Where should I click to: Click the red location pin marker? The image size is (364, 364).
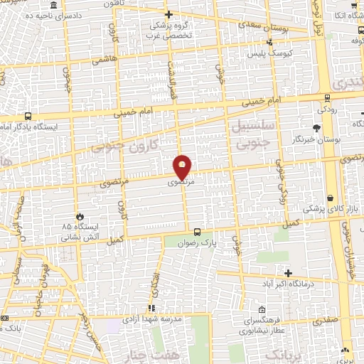183,167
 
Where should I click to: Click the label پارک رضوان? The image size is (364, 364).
192,242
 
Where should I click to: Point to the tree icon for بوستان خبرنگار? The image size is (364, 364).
316,128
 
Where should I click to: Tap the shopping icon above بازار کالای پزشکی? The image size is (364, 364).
331,198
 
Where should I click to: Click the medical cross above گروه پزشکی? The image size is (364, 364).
168,14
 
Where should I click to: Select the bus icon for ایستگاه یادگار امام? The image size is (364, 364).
28,116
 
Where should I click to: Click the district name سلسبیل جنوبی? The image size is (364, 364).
248,132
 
